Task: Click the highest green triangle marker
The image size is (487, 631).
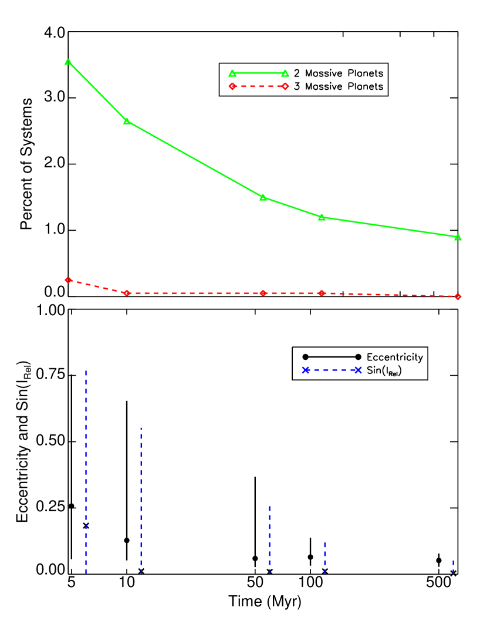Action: pyautogui.click(x=68, y=62)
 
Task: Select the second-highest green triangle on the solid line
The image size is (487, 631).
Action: pyautogui.click(x=127, y=122)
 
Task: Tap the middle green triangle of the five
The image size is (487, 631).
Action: pyautogui.click(x=263, y=197)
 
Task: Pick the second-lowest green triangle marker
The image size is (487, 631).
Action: pyautogui.click(x=322, y=217)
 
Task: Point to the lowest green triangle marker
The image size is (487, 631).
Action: pyautogui.click(x=458, y=237)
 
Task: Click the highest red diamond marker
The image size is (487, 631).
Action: pyautogui.click(x=68, y=280)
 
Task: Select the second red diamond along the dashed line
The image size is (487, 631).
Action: pyautogui.click(x=127, y=293)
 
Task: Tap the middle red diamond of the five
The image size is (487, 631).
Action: pyautogui.click(x=263, y=293)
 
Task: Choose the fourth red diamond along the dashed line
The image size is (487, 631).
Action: pyautogui.click(x=322, y=293)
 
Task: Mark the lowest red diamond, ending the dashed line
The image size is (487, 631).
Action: pyautogui.click(x=458, y=296)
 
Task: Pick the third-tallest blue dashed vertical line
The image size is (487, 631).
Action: pyautogui.click(x=269, y=539)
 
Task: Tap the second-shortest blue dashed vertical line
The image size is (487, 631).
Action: pyautogui.click(x=324, y=558)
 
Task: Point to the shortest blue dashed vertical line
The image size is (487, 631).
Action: pyautogui.click(x=453, y=566)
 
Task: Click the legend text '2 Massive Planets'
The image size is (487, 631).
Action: pyautogui.click(x=339, y=73)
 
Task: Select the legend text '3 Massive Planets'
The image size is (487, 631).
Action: pyautogui.click(x=339, y=87)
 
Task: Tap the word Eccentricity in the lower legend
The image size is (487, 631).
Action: pyautogui.click(x=394, y=357)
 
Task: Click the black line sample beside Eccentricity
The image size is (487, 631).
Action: pyautogui.click(x=332, y=357)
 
